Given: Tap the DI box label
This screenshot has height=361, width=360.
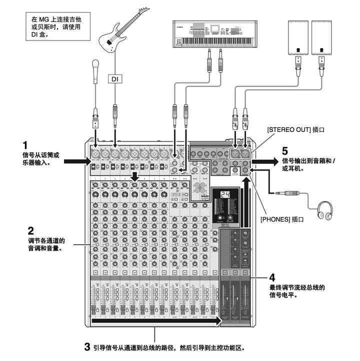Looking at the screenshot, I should click(x=114, y=78).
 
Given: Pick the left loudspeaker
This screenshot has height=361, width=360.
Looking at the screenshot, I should click(x=298, y=37).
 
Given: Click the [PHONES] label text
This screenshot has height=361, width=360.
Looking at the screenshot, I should click(x=282, y=219).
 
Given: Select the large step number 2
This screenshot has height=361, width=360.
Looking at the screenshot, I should click(x=31, y=231).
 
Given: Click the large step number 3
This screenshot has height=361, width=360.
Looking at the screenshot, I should click(x=87, y=346).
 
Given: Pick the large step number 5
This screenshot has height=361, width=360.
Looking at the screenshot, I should click(x=285, y=150).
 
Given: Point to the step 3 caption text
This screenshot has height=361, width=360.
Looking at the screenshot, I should click(x=170, y=346).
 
